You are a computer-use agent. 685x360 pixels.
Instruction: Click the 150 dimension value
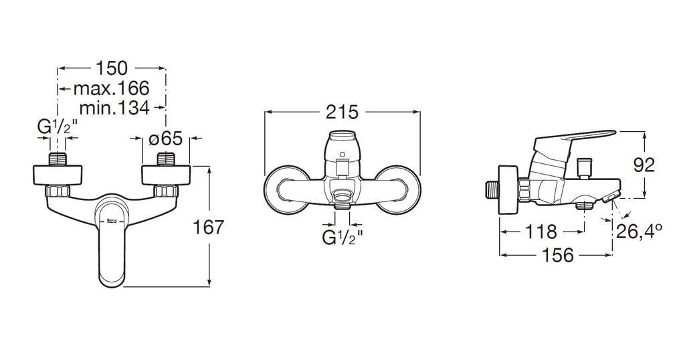pos(112,68)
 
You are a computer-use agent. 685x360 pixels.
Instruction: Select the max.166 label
pos(112,89)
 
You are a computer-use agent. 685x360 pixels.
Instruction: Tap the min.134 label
pos(114,108)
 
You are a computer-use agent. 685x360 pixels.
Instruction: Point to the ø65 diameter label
pos(165,139)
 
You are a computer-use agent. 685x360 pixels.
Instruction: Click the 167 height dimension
pos(209,228)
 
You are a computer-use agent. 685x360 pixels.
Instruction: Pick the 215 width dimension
pos(342,112)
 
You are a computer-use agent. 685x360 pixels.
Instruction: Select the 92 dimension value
pos(644,165)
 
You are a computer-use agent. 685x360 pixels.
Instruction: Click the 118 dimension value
pos(541,232)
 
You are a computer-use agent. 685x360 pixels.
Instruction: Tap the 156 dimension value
pos(557,255)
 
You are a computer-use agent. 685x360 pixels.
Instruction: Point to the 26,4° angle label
pos(639,231)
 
